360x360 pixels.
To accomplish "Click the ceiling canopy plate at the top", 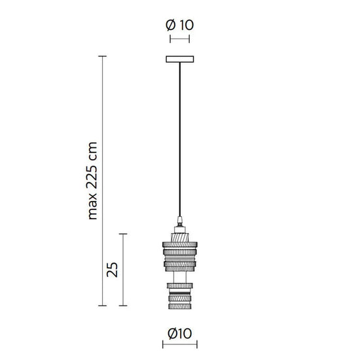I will [180, 60].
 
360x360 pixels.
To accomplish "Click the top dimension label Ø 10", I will [180, 26].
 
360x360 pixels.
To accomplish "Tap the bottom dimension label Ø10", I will [179, 333].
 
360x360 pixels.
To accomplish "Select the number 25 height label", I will [112, 269].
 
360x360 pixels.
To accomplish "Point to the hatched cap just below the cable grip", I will [179, 230].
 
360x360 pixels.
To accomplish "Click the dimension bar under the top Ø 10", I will [180, 39].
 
